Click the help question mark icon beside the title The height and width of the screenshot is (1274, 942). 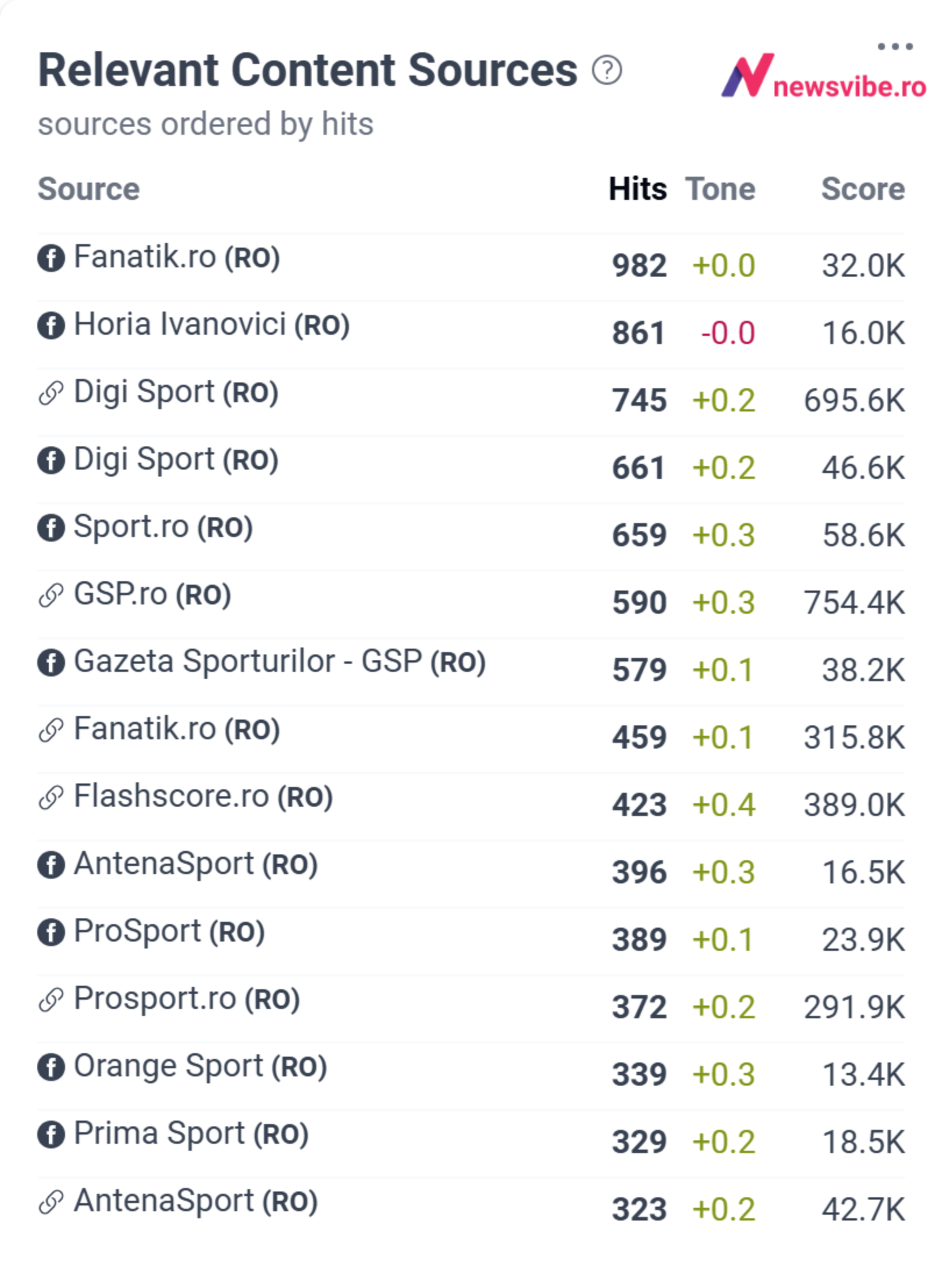(x=607, y=70)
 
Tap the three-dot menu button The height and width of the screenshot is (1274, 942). (x=895, y=46)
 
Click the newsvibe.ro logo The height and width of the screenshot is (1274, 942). (x=824, y=76)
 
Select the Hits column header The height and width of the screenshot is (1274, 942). (x=638, y=189)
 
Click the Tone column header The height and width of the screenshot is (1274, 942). (x=720, y=189)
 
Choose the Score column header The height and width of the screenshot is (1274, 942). (x=863, y=189)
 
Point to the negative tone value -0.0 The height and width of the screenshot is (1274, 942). (x=728, y=333)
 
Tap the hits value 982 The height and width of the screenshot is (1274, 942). (x=639, y=266)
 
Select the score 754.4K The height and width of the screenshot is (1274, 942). (x=854, y=602)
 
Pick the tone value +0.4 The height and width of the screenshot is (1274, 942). (x=724, y=804)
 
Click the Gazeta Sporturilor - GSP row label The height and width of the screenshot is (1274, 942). (x=280, y=661)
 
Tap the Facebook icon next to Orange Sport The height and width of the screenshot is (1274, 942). (x=51, y=1067)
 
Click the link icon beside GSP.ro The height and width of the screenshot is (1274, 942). (x=51, y=595)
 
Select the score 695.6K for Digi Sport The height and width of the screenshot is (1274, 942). (x=854, y=400)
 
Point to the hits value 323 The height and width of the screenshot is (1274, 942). (x=639, y=1209)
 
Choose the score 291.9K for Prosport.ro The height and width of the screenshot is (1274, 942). (x=854, y=1007)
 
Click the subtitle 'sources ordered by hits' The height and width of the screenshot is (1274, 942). (x=205, y=124)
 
